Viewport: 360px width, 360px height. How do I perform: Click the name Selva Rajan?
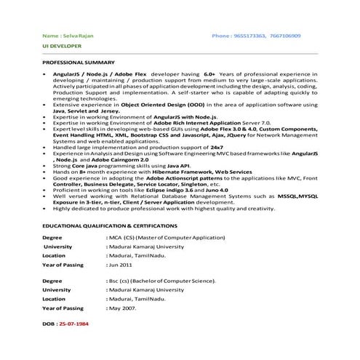pos(76,36)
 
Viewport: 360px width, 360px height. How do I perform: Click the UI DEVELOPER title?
pos(60,46)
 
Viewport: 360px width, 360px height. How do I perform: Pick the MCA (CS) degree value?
pos(121,238)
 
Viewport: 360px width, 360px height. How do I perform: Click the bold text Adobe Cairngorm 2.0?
pos(118,159)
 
